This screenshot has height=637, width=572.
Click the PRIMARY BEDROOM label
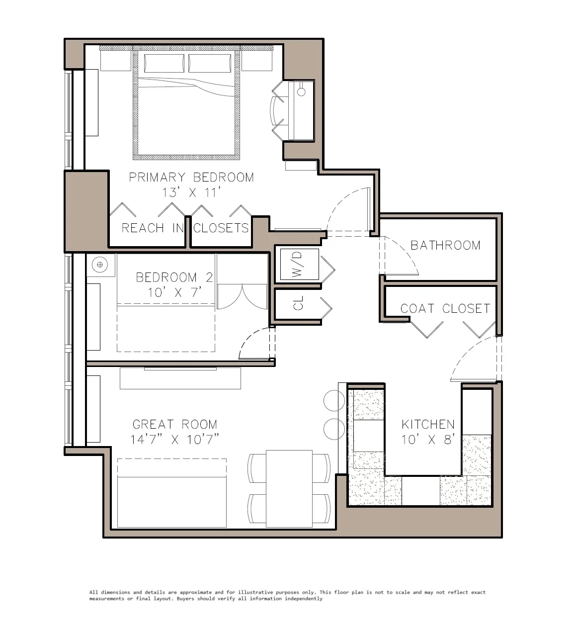point(191,178)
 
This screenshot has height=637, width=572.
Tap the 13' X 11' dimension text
point(191,193)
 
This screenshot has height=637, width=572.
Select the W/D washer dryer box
point(297,265)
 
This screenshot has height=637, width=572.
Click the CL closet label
point(298,303)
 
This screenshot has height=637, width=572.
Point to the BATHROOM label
point(445,245)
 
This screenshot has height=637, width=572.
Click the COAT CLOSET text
point(445,309)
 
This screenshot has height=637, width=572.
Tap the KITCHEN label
point(428,424)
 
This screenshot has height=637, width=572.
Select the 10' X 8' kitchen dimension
point(428,440)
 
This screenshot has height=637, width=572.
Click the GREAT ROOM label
point(175,424)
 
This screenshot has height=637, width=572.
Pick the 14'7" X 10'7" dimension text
point(175,440)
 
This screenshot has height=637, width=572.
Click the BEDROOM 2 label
point(174,277)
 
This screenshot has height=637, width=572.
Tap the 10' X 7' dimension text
point(174,292)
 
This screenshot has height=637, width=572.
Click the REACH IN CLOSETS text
point(185,228)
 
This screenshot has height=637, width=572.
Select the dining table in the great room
point(289,488)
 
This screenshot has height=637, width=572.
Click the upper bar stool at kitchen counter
point(334,400)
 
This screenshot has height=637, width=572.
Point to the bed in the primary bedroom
point(186,107)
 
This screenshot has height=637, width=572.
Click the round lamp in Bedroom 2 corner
point(100,264)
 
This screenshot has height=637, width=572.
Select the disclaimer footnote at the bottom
point(287,595)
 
